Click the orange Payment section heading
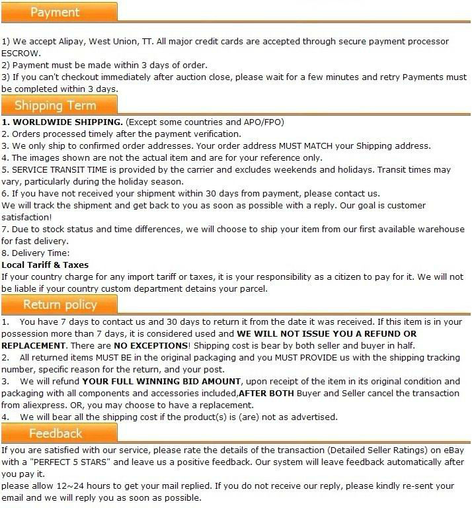point(56,12)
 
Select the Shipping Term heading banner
point(56,105)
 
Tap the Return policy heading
point(60,304)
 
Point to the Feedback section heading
point(56,433)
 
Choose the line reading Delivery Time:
point(40,253)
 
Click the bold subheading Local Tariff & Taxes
point(45,265)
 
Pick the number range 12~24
point(62,486)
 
